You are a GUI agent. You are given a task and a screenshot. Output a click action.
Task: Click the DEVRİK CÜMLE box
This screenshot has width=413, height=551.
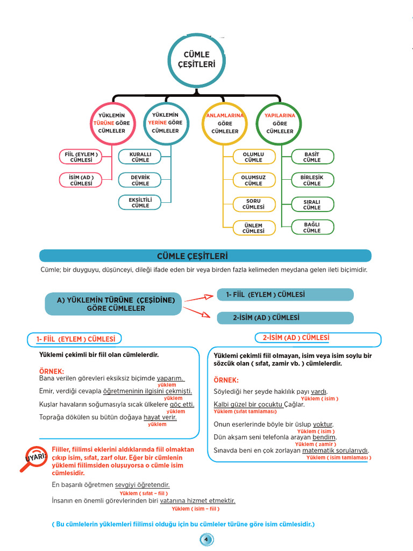tap(140, 180)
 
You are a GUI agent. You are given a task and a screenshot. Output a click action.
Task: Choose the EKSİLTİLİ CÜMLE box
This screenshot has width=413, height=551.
tap(140, 202)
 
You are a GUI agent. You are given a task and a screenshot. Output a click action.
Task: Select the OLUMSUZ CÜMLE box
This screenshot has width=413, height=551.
tap(254, 180)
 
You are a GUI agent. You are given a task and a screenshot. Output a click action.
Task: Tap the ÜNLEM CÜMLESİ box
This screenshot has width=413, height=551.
tap(254, 228)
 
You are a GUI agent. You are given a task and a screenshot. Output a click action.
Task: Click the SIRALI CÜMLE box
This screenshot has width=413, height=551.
tap(312, 204)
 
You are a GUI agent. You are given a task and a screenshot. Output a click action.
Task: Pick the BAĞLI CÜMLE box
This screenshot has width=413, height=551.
tap(312, 228)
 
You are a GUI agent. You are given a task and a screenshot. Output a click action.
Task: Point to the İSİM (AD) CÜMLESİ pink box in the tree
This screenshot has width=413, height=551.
tap(81, 180)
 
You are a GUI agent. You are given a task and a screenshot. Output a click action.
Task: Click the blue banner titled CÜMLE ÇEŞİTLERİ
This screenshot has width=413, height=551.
tap(205, 256)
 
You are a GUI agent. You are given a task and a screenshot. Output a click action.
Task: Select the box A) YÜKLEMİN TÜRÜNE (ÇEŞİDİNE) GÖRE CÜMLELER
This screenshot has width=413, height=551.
tap(113, 304)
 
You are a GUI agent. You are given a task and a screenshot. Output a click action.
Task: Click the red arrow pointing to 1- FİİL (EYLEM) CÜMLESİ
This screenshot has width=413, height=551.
tap(199, 298)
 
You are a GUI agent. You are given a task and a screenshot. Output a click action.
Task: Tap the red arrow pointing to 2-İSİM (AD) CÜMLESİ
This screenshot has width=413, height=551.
tap(197, 312)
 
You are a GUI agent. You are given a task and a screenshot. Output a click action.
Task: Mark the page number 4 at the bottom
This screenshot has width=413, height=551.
tap(206, 540)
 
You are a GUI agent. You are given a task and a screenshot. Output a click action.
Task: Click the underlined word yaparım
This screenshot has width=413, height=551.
tap(170, 378)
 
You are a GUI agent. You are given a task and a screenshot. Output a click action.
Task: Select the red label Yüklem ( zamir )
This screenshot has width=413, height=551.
tap(316, 444)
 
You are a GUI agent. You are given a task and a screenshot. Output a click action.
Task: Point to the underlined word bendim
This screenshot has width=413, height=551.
tap(324, 437)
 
